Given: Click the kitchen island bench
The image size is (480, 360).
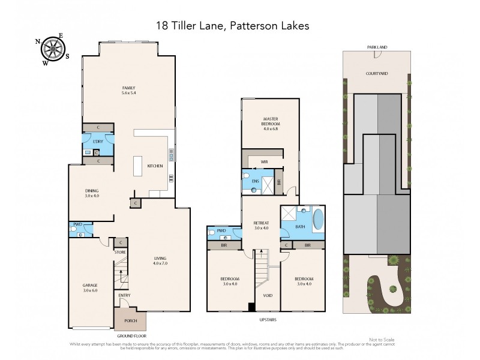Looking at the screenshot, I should pos(137,166).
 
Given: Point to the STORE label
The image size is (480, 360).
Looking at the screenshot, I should pos(120,253).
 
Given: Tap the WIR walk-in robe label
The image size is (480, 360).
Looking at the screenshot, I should pos(264,162).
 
